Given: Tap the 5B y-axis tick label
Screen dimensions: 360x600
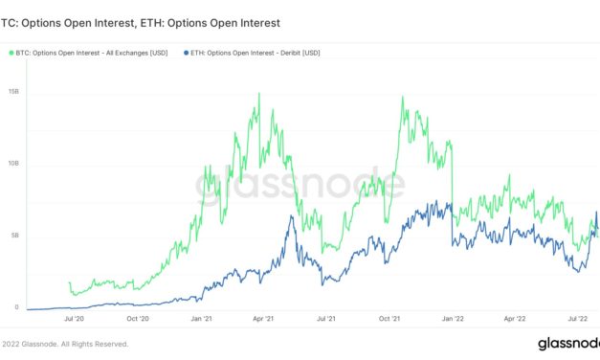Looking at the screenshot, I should point(14,236).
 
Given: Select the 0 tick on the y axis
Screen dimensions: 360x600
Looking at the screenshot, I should point(15,307).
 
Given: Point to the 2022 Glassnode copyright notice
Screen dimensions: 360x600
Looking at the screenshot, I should point(63,344).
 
